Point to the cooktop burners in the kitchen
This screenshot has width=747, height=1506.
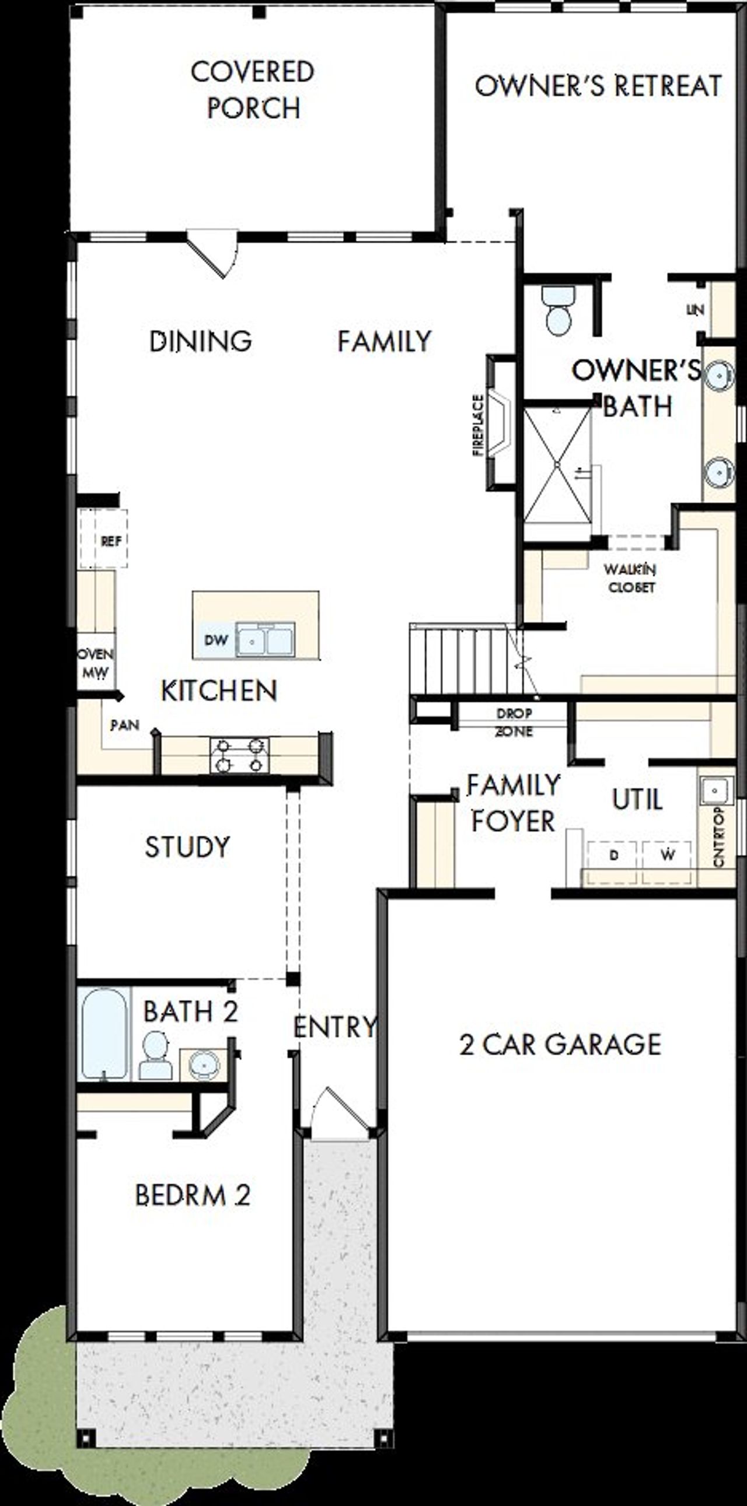click(239, 755)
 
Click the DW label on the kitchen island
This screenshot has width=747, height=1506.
click(215, 640)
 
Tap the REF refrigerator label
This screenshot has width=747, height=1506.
click(111, 541)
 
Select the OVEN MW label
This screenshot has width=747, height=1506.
click(95, 663)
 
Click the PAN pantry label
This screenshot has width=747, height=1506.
click(125, 725)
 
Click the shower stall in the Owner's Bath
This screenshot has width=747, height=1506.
click(557, 463)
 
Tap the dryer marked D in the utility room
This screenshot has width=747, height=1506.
click(613, 854)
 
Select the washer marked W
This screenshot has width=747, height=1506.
click(668, 854)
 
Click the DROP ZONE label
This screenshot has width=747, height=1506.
click(514, 722)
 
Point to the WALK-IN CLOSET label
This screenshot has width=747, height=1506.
click(630, 577)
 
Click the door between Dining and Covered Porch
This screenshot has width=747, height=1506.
click(214, 254)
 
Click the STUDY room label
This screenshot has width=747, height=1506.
click(187, 846)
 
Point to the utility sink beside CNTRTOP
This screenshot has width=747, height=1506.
click(715, 790)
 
